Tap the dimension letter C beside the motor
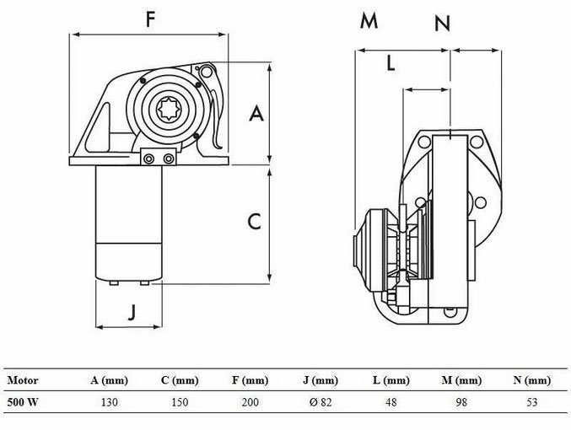(x=254, y=222)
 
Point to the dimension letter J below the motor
(x=131, y=312)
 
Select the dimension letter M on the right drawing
(x=369, y=22)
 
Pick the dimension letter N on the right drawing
(x=442, y=24)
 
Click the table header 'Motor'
(x=23, y=381)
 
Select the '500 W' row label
(x=23, y=402)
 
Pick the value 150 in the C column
(x=179, y=402)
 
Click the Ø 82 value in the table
(x=320, y=402)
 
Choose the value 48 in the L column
(x=391, y=402)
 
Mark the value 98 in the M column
(x=461, y=402)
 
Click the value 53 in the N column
(x=531, y=402)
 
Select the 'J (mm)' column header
(x=320, y=381)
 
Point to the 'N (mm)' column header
(x=531, y=381)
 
